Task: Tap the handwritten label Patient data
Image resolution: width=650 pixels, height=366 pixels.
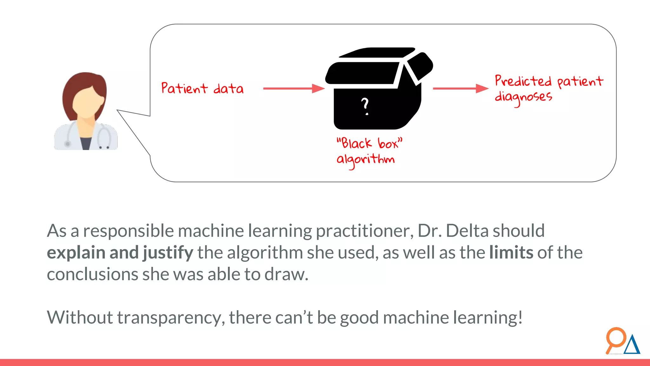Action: coord(202,88)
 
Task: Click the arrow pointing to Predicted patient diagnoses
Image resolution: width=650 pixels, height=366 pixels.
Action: coord(460,88)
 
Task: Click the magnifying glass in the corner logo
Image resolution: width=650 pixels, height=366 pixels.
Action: coord(615,339)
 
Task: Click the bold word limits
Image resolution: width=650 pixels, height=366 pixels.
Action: coord(511,253)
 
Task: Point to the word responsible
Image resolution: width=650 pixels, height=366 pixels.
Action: coord(128,231)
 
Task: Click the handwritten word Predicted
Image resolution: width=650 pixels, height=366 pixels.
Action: coord(523,81)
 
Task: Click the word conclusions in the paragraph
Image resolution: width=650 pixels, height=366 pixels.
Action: coord(92,274)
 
